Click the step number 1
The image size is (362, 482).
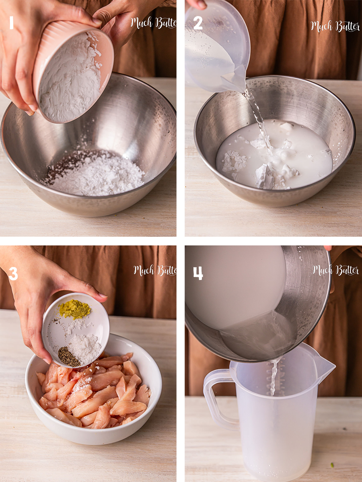[x=12, y=23]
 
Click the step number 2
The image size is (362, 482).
[x=197, y=23]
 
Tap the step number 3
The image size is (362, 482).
[x=13, y=274]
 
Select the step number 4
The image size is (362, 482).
[x=198, y=274]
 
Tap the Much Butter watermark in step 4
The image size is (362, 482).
[x=335, y=270]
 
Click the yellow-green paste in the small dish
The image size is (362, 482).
[x=75, y=309]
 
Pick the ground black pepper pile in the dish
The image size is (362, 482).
[x=68, y=357]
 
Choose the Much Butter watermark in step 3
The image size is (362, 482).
[x=155, y=270]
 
